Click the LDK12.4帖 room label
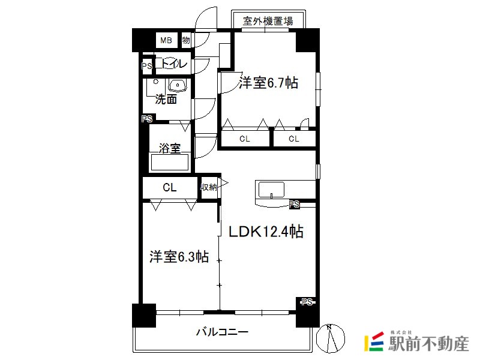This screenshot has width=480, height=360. click(x=266, y=232)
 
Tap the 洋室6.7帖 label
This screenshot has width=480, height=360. click(x=268, y=83)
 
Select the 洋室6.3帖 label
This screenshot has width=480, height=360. click(x=179, y=257)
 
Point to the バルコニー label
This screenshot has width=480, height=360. click(x=222, y=332)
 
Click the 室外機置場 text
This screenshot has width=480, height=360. click(x=268, y=21)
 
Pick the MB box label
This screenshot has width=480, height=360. click(x=166, y=40)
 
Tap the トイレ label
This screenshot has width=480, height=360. click(x=172, y=64)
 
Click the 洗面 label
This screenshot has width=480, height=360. click(x=166, y=99)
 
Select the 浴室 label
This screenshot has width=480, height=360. click(x=170, y=148)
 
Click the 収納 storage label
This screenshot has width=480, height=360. click(x=209, y=187)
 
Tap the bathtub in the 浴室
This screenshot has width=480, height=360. click(x=170, y=163)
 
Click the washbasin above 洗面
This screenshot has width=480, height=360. click(x=178, y=85)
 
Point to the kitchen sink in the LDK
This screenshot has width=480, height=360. click(x=272, y=190)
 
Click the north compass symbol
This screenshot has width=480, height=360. click(x=331, y=338)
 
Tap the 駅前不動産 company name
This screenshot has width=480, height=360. click(x=428, y=343)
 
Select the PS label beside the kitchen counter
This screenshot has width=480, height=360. click(x=294, y=204)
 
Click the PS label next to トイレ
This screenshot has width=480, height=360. click(x=146, y=66)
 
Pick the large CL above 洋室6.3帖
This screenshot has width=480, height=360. click(x=170, y=187)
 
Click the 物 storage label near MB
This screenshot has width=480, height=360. click(x=186, y=40)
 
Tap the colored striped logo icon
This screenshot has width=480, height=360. click(x=374, y=341)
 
